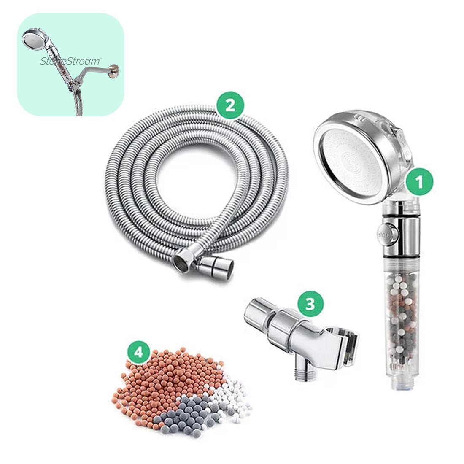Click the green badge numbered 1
pyautogui.click(x=419, y=182)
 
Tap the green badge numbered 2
pyautogui.click(x=230, y=105)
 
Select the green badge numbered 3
pyautogui.click(x=310, y=304)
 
